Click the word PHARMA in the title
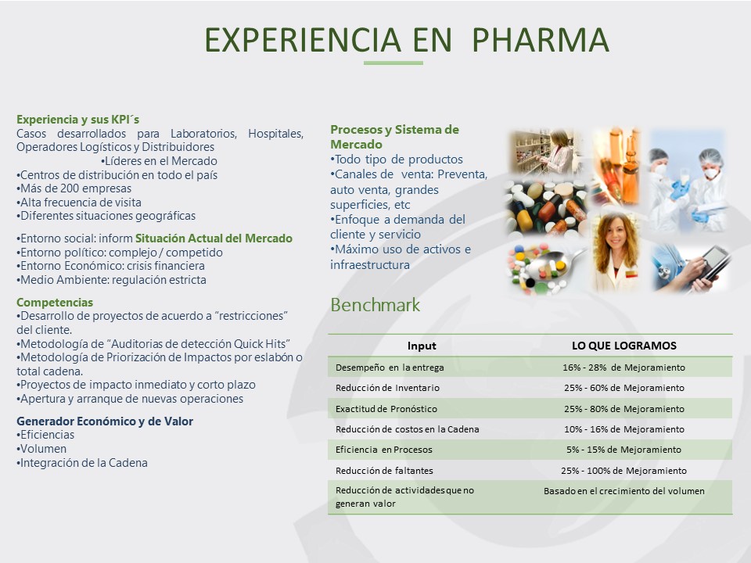[x=541, y=40]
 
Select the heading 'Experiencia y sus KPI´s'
[x=77, y=119]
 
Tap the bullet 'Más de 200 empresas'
[x=74, y=188]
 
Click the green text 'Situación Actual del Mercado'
[x=214, y=238]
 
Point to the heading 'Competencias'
[x=55, y=302]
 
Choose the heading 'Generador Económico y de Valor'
[x=105, y=421]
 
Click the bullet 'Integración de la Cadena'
[x=82, y=463]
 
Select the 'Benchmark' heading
[x=375, y=305]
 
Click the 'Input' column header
[x=422, y=346]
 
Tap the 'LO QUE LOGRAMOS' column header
[x=624, y=346]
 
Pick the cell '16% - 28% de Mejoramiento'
[x=624, y=368]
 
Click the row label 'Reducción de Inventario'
[x=387, y=388]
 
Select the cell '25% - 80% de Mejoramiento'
[x=624, y=409]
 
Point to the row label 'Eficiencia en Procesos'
[x=383, y=450]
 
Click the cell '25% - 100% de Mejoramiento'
[x=624, y=471]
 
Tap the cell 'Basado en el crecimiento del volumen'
[x=624, y=491]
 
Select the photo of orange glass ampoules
[x=616, y=165]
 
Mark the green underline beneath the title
[x=393, y=63]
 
